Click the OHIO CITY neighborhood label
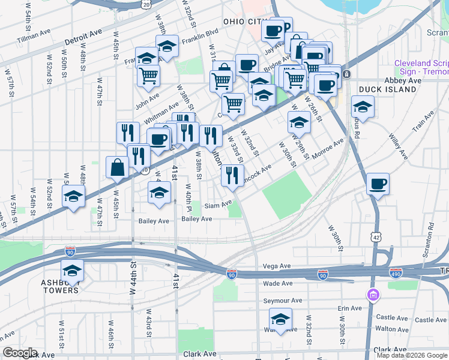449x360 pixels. click(x=244, y=22)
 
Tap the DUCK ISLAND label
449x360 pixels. click(x=387, y=89)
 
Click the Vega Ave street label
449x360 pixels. click(x=277, y=266)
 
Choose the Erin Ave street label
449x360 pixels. click(x=350, y=308)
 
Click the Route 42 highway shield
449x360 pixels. click(x=376, y=238)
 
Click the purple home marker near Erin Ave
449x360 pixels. click(x=373, y=295)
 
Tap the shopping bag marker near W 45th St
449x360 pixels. click(x=117, y=167)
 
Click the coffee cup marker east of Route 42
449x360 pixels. click(x=378, y=184)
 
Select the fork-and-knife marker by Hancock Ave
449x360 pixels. click(x=231, y=175)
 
